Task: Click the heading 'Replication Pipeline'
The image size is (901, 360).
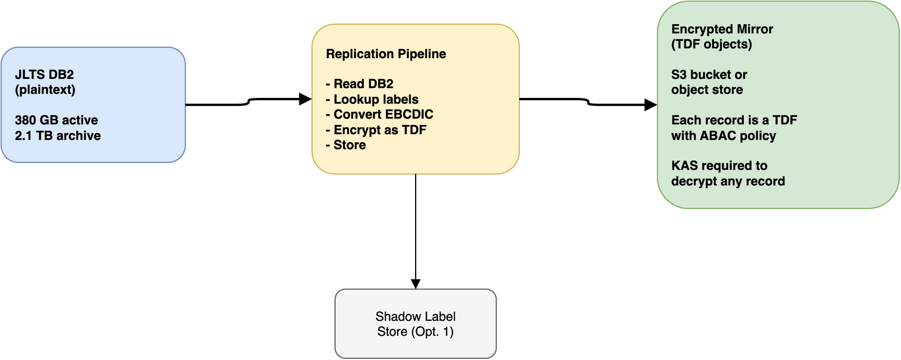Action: coord(386,54)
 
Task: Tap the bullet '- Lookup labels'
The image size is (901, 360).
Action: coord(372,100)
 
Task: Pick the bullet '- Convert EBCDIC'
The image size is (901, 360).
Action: coord(379,115)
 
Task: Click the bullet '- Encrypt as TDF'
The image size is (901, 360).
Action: coord(375,130)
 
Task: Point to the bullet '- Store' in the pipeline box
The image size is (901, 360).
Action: coord(345,145)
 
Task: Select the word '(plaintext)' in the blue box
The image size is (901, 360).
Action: coord(46,90)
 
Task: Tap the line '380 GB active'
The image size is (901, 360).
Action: coord(57,120)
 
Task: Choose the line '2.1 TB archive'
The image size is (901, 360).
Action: coord(59,136)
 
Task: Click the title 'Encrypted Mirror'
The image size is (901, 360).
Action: coord(722,29)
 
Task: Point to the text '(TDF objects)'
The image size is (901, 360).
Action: coord(711,44)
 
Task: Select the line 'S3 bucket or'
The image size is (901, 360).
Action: coord(709,75)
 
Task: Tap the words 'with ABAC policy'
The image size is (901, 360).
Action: coord(724,136)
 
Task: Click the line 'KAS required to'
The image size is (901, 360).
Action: coord(719,166)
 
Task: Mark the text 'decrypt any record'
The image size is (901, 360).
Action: coord(728,181)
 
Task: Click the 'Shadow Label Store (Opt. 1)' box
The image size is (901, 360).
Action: coord(415,324)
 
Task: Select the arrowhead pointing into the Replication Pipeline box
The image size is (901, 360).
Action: coord(306,99)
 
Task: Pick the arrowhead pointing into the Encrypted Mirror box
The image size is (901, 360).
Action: coord(651,105)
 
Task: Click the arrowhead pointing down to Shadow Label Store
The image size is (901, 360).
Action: coord(415,283)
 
